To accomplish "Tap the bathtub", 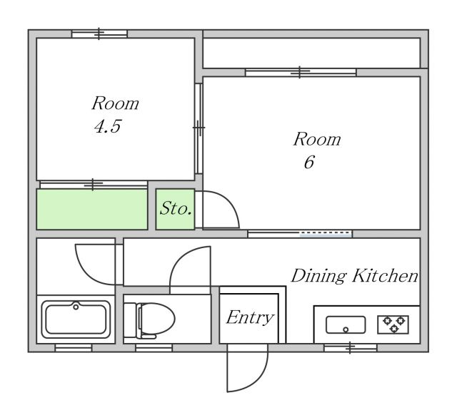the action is [x=76, y=319].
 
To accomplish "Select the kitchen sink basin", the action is [x=346, y=324].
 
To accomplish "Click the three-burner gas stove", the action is [x=393, y=324].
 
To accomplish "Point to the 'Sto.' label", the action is [x=176, y=208].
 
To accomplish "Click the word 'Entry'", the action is [x=250, y=318].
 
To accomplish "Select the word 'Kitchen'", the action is [x=386, y=275].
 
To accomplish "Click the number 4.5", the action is [x=108, y=126].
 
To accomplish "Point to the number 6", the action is [x=309, y=162].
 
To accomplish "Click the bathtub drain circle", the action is [x=76, y=307].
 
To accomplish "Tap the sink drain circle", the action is [x=346, y=329].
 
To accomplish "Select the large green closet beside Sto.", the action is [x=92, y=209].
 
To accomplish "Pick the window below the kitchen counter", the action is [x=351, y=347].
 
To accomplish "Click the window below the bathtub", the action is [x=74, y=347].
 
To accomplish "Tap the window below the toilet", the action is [x=154, y=347].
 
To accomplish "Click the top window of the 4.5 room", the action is [x=99, y=34].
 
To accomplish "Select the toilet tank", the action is [x=130, y=320].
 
